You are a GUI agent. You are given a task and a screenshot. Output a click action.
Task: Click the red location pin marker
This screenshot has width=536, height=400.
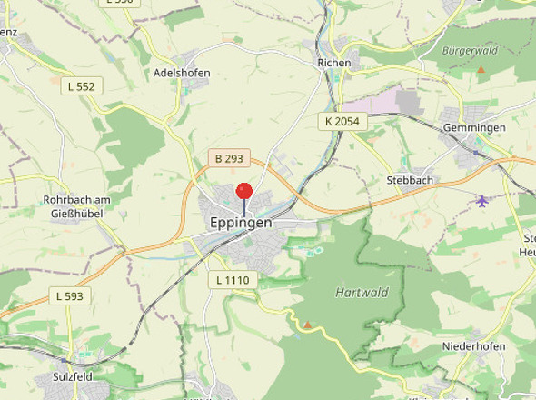[243, 192]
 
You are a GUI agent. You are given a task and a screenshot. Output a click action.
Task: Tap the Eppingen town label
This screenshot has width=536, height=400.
[241, 222]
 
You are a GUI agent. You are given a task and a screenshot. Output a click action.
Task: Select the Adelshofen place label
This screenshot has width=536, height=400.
[182, 73]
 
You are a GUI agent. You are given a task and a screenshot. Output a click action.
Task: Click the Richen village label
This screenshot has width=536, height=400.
[333, 63]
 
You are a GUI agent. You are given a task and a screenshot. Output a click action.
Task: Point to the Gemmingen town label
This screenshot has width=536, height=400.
[473, 128]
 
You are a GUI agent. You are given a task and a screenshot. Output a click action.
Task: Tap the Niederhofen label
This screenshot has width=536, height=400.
[472, 347]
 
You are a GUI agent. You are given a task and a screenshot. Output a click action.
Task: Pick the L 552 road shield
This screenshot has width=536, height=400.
[81, 85]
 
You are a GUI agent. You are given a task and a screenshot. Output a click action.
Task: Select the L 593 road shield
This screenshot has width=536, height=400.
[69, 295]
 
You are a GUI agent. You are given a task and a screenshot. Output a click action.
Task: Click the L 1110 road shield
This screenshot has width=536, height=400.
[233, 280]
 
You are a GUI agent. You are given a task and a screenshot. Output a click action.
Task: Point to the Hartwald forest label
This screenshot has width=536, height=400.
[362, 293]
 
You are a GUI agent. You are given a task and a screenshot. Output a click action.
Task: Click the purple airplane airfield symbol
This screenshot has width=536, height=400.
[482, 199]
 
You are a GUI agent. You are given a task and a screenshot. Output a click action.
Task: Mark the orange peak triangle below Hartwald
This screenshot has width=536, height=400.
[307, 324]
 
